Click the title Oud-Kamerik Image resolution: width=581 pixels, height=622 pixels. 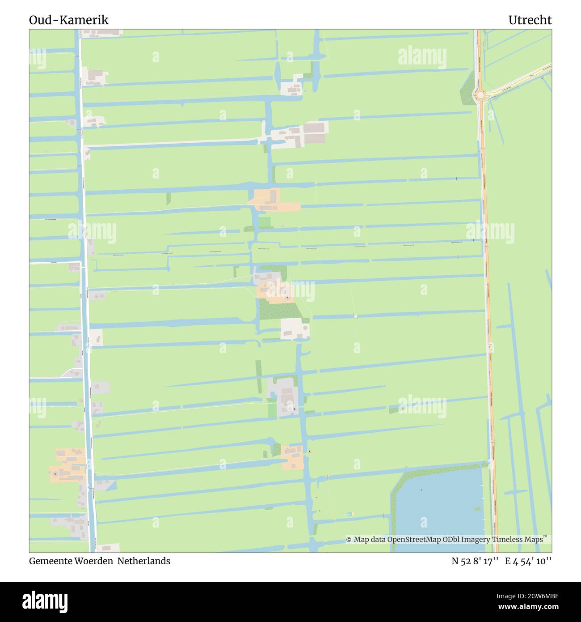(x=69, y=20)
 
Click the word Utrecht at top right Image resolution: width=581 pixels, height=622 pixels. (x=530, y=20)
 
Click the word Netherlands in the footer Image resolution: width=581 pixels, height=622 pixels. (x=144, y=561)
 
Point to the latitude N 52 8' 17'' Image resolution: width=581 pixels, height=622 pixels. (x=475, y=561)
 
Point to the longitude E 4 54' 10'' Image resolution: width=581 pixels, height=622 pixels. (x=528, y=561)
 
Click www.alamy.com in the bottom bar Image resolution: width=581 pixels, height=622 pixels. (x=528, y=607)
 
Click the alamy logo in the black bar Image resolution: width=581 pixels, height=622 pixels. (x=45, y=601)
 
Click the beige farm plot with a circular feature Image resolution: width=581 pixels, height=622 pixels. (x=295, y=329)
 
